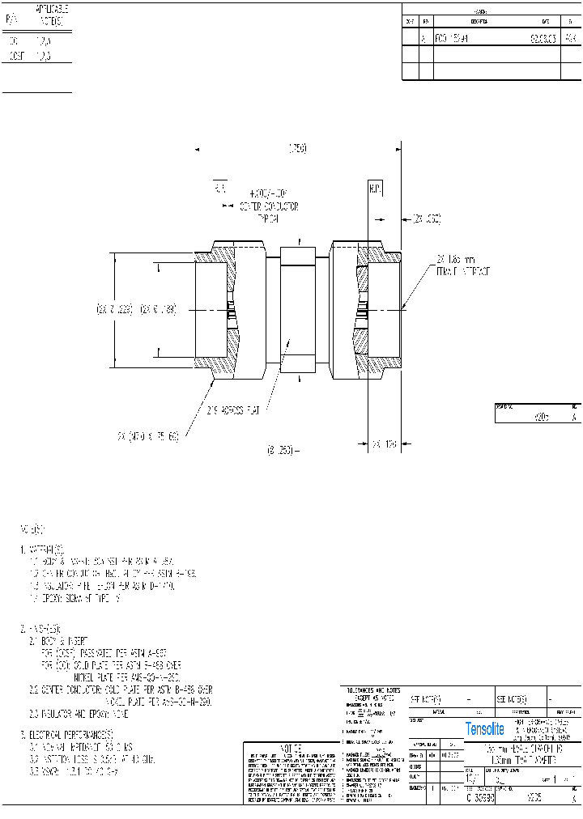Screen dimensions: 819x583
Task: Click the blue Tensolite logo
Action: [x=484, y=729]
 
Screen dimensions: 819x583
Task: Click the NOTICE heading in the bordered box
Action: [x=291, y=748]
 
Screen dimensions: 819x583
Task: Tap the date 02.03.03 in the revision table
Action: [x=542, y=38]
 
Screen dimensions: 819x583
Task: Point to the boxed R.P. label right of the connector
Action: [x=374, y=189]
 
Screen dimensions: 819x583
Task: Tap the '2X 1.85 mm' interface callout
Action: [x=462, y=265]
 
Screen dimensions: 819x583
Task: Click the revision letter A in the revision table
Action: [x=423, y=38]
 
